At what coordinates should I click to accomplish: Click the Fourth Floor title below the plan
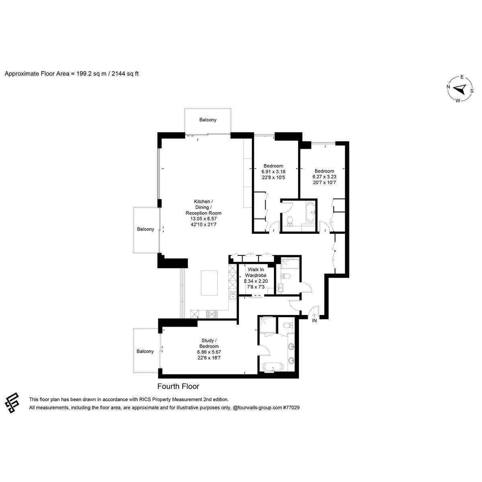click(x=178, y=386)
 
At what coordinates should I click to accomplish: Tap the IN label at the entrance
click(x=314, y=321)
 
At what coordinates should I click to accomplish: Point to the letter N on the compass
click(x=449, y=87)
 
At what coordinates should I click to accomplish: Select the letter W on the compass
click(x=458, y=101)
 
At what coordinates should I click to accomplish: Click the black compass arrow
click(x=460, y=89)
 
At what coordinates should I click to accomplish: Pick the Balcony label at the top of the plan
click(x=208, y=120)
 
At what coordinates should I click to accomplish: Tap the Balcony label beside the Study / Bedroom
click(x=145, y=351)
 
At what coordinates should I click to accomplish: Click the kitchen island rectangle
click(x=209, y=283)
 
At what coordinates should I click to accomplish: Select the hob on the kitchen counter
click(x=212, y=314)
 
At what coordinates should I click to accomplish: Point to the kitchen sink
click(x=233, y=295)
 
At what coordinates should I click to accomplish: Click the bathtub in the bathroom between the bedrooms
click(x=310, y=212)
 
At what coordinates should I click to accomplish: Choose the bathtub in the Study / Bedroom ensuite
click(x=273, y=367)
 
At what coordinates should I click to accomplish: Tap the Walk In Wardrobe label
click(x=255, y=272)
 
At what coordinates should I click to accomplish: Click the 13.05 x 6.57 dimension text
click(x=203, y=219)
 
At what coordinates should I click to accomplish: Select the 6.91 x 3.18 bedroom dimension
click(x=274, y=172)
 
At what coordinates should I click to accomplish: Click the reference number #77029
click(x=291, y=407)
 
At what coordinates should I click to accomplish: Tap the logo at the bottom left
click(x=12, y=403)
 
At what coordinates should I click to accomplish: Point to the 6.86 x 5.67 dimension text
click(x=209, y=352)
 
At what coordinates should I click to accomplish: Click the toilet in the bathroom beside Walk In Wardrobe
click(x=286, y=276)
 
